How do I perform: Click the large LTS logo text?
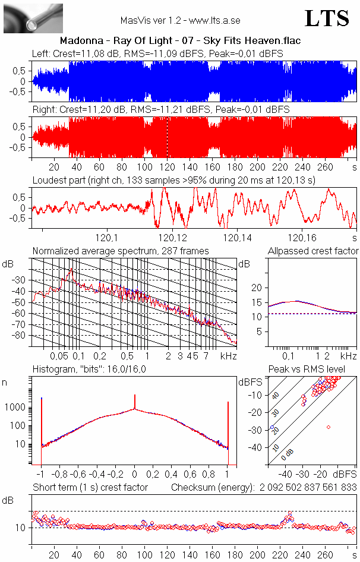(327, 18)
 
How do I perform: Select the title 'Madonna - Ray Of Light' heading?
(180, 41)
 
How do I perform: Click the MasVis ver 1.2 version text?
(180, 20)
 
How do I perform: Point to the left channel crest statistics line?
(157, 53)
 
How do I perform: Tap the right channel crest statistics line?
(160, 110)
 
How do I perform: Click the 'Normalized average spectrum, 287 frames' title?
(121, 251)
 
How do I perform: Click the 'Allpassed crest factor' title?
(313, 251)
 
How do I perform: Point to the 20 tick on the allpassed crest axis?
(257, 288)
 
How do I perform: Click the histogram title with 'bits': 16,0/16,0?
(89, 370)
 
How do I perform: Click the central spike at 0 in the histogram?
(135, 403)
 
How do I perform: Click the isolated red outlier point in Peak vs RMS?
(328, 427)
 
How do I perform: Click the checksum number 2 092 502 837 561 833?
(308, 487)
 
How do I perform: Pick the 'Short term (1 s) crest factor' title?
(90, 487)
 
